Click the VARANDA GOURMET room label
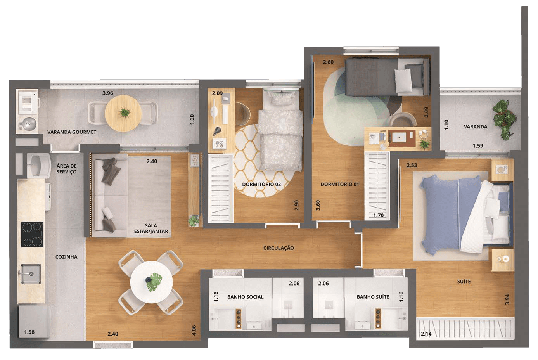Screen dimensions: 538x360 click(72, 132)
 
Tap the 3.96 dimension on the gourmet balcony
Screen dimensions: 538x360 click(107, 93)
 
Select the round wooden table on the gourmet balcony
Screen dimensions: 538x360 click(123, 113)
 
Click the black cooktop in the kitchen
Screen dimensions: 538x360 click(32, 234)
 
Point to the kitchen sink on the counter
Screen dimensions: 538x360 click(30, 273)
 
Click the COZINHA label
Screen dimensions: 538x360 click(66, 257)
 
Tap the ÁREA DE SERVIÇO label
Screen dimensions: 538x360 click(67, 169)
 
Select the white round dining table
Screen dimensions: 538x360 click(152, 282)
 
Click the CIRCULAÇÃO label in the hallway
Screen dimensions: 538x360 click(279, 248)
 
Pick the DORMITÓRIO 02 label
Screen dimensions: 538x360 click(261, 184)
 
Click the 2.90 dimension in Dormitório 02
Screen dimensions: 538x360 click(297, 205)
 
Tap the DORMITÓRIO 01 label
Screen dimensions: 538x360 click(340, 184)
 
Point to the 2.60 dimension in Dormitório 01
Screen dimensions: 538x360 click(328, 62)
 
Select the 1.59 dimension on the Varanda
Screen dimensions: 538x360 click(478, 146)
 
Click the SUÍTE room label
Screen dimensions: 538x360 click(464, 282)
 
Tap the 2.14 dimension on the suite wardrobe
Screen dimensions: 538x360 click(426, 334)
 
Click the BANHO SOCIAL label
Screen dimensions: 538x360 click(245, 297)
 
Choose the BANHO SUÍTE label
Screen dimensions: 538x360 click(373, 297)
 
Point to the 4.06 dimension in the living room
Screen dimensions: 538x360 click(194, 330)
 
